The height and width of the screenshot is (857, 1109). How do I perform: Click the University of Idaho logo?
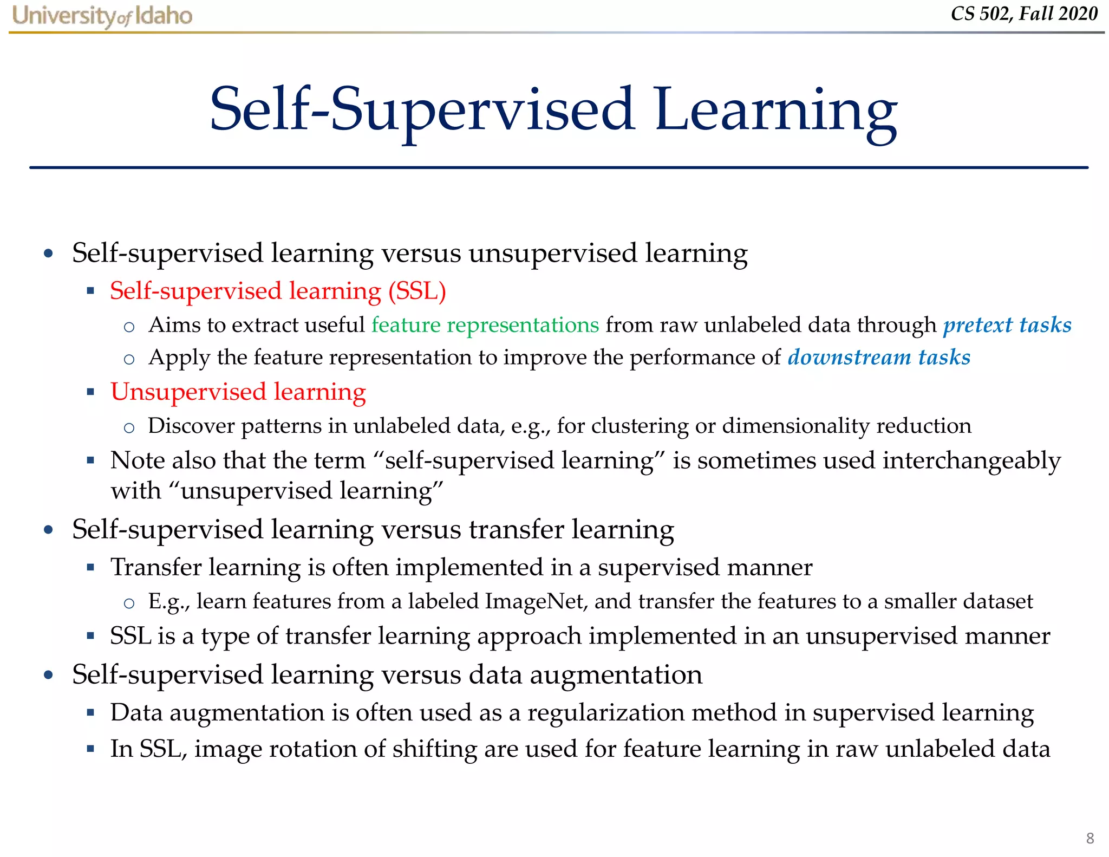point(102,16)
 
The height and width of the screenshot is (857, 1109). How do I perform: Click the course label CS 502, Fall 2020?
point(1023,14)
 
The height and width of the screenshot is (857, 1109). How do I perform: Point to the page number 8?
point(1090,838)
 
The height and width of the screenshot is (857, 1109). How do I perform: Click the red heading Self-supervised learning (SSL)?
point(278,291)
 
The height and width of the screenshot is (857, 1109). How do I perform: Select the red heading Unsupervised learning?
point(238,392)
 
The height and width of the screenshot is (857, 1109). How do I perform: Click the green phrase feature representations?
point(485,325)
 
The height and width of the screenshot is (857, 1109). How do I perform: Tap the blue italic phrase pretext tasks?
point(1007,325)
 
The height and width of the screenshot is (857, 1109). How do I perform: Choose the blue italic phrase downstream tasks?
point(879,358)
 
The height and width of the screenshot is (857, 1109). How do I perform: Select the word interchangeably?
point(971,461)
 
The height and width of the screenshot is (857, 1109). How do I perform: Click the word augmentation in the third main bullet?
point(616,676)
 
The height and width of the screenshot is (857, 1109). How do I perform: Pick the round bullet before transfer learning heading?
point(49,530)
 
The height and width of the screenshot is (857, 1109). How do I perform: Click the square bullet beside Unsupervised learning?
point(90,392)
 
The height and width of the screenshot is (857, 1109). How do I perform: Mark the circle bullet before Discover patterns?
point(129,428)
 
